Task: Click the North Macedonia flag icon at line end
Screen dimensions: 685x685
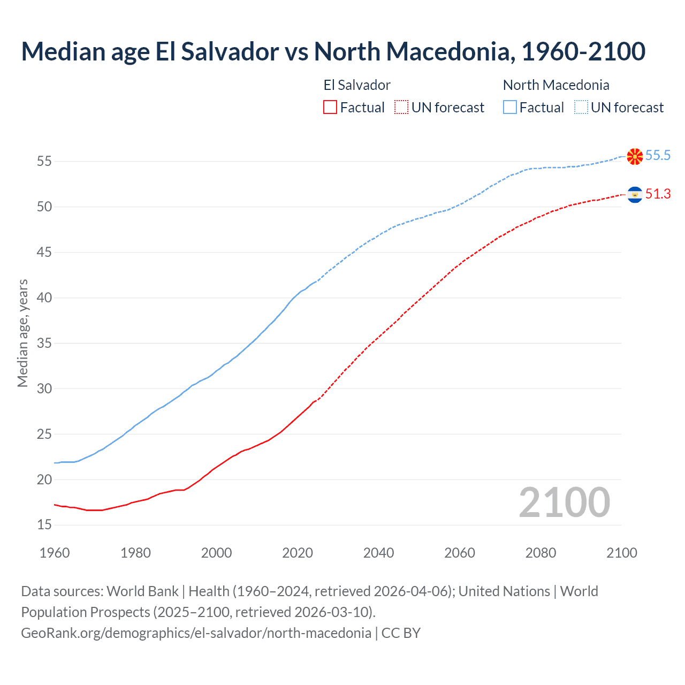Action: (635, 156)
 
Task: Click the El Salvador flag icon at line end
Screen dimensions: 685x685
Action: (635, 195)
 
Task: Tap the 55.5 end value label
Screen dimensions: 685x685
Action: (658, 156)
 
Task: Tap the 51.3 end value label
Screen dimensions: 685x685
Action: (658, 194)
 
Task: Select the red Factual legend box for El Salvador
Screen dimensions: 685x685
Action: (330, 107)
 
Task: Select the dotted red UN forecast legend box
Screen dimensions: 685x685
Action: (401, 107)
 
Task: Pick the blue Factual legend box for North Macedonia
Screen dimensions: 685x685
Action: (510, 107)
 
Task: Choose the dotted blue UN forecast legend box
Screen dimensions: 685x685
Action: (581, 107)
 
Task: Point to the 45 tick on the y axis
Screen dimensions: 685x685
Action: (44, 252)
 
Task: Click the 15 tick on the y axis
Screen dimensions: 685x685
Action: (44, 525)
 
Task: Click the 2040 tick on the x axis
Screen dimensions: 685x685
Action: (378, 553)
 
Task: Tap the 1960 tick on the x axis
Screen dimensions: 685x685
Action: (55, 553)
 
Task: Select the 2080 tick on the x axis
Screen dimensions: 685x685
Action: (541, 553)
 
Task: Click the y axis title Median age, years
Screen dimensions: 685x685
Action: (22, 333)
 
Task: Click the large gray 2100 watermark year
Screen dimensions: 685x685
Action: (565, 502)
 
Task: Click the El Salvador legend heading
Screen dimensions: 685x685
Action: (357, 85)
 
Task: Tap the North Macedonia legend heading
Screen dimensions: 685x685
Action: (556, 85)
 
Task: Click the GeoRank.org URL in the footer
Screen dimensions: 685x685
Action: (196, 633)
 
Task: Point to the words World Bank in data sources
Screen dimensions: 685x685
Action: (142, 591)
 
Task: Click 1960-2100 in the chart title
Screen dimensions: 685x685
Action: (583, 51)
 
